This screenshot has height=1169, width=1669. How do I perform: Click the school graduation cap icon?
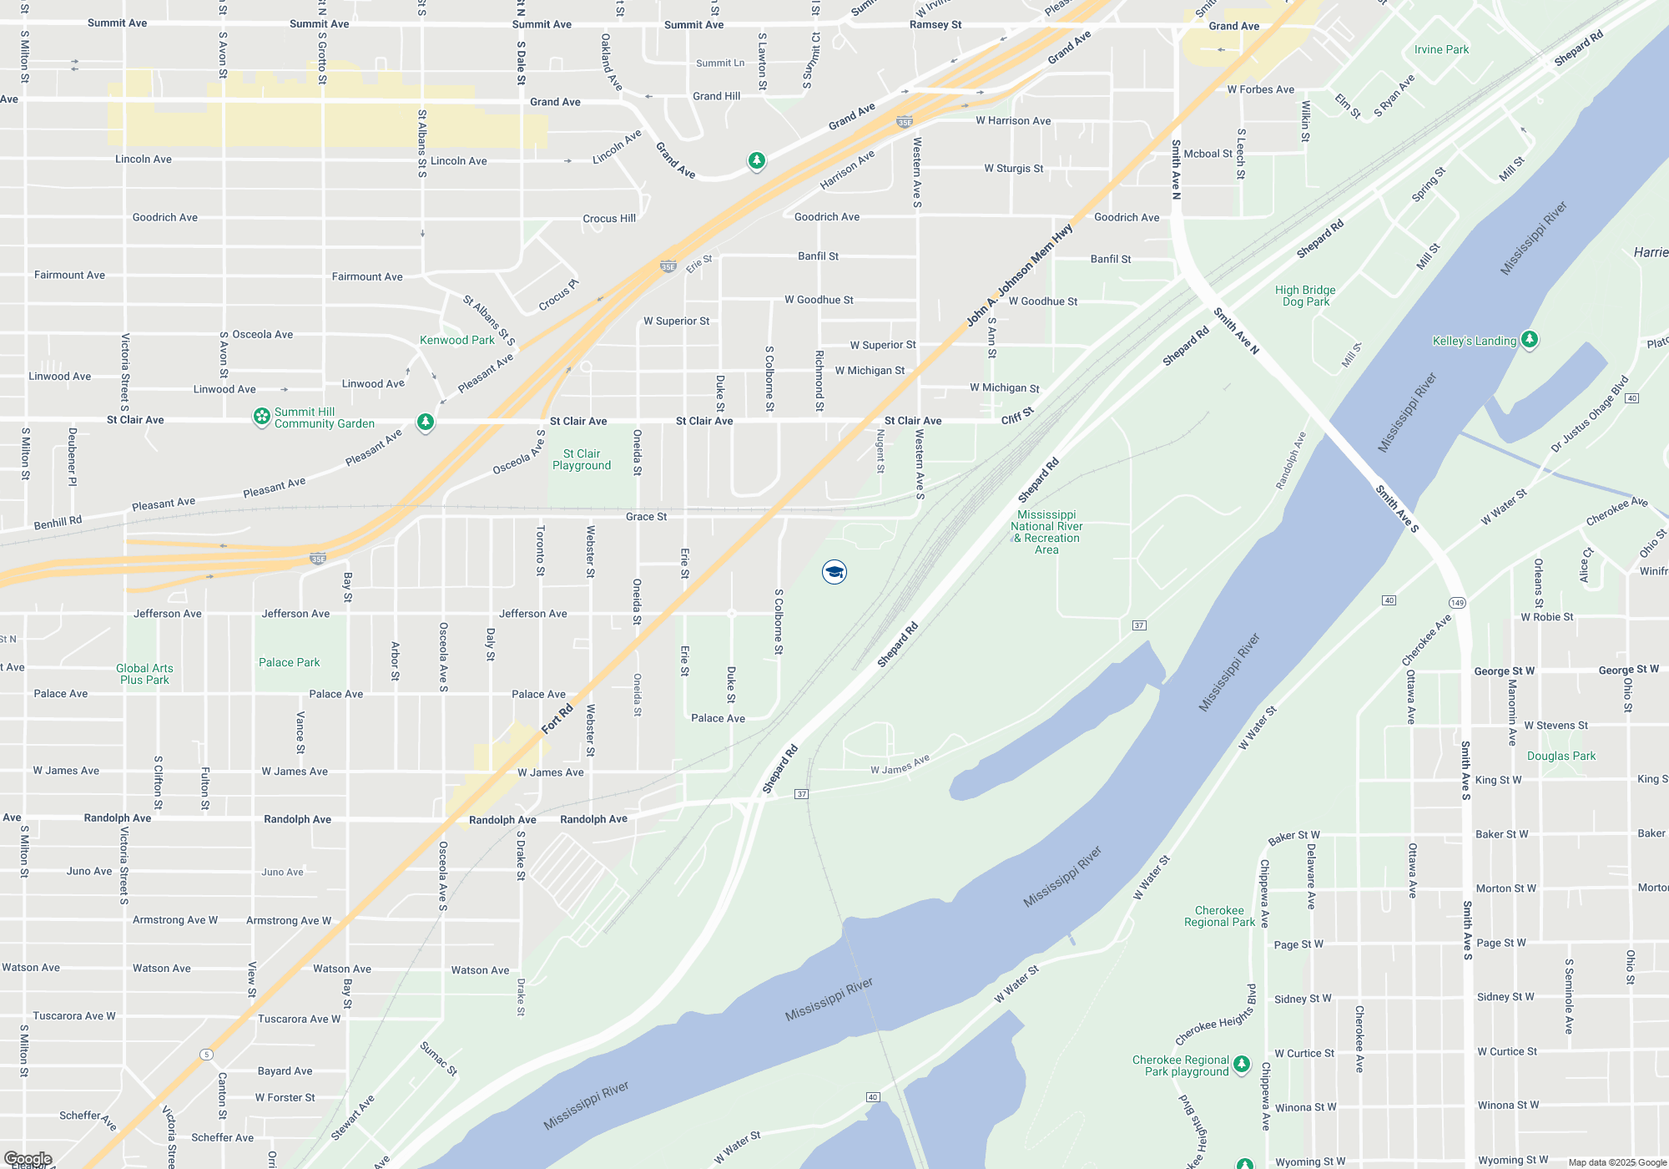point(834,572)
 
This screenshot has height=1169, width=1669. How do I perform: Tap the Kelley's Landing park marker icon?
point(1530,339)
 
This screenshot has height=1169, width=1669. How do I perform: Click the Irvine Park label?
point(1441,49)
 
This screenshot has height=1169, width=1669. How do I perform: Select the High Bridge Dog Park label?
point(1305,296)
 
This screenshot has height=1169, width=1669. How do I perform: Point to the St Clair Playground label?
point(582,459)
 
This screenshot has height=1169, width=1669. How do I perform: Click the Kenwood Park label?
point(457,340)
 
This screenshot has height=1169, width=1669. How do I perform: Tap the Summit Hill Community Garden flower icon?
point(262,416)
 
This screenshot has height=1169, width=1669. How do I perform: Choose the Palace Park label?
point(289,662)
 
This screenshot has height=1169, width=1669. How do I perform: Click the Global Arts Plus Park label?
point(144,674)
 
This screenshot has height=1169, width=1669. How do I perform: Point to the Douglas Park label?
point(1561,756)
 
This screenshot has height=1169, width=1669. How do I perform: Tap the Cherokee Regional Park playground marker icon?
point(1242,1064)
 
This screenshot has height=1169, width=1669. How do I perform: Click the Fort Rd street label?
point(557,718)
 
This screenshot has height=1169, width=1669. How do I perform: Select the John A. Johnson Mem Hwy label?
point(1019,275)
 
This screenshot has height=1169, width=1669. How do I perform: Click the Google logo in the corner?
point(28,1158)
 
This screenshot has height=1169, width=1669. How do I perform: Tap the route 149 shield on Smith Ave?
point(1457,603)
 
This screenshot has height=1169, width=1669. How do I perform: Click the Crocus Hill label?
point(609,218)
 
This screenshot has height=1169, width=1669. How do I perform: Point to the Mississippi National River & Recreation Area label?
point(1046,532)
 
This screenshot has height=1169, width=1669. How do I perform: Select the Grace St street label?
point(646,517)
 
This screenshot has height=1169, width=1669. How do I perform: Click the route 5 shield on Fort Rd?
point(206,1055)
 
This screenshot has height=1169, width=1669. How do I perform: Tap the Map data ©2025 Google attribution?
point(1616,1161)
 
